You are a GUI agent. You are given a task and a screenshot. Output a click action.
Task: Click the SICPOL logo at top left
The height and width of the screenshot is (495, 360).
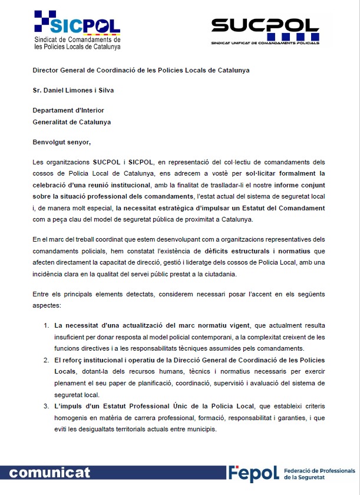tap(77, 30)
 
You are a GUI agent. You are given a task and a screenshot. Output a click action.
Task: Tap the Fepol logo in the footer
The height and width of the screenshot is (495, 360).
tap(253, 474)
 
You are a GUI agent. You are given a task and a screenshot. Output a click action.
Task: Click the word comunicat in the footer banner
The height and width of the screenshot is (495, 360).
tap(50, 473)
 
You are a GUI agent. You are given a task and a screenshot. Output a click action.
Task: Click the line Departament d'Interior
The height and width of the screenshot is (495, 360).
tap(68, 110)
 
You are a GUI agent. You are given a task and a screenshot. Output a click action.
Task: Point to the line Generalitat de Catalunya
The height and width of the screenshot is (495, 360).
tap(71, 122)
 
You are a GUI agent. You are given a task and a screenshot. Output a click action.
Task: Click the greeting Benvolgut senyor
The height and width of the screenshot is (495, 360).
tap(62, 141)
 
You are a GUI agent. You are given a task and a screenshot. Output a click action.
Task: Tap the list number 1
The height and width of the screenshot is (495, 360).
tap(47, 325)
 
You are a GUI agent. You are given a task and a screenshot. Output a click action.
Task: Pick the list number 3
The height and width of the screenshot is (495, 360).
tap(47, 406)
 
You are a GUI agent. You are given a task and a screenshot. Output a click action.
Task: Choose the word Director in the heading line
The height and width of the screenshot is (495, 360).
tap(47, 70)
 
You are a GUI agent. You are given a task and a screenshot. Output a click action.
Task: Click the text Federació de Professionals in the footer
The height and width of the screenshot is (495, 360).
tap(319, 471)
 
